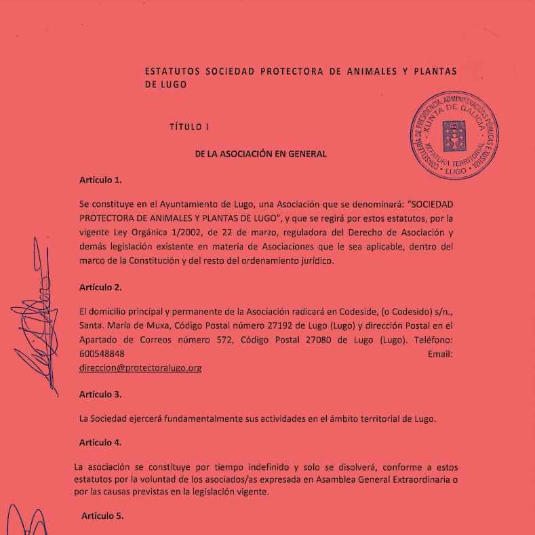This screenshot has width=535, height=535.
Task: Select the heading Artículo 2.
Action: pos(100,287)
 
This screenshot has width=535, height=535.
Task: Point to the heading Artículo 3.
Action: pos(100,394)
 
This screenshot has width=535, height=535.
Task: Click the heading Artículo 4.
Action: pos(100,442)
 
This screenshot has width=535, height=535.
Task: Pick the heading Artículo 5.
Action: pos(102,516)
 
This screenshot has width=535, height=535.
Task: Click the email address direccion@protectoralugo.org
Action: pos(140,368)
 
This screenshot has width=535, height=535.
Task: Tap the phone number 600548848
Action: pos(102,354)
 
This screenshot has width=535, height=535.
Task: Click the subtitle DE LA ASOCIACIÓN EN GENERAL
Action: pos(260,154)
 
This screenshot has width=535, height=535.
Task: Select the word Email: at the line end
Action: pos(440,354)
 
